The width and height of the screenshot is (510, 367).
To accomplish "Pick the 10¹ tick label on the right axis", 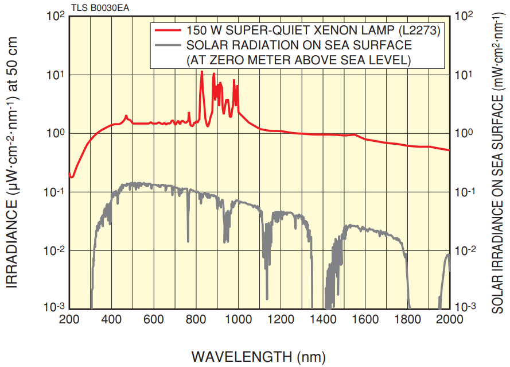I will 464,75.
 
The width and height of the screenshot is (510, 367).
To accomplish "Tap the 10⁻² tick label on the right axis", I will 465,250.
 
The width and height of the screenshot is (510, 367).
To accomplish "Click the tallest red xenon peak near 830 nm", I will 201,72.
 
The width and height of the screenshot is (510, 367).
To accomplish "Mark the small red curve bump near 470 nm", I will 126,117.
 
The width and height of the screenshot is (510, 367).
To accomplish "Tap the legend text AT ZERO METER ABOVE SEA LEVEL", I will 299,59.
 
